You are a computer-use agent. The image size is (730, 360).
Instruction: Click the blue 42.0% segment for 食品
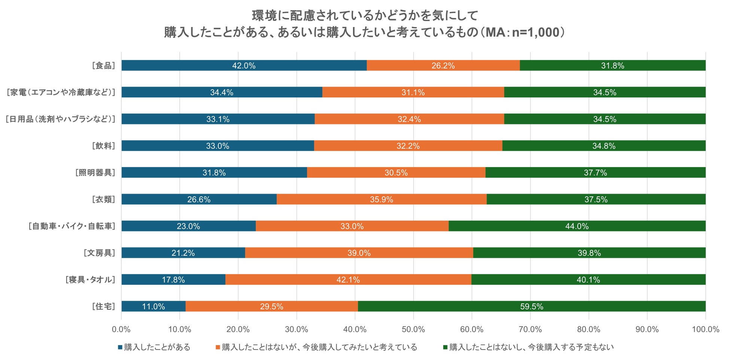pos(244,66)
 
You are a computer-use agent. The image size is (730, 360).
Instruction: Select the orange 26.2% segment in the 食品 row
pos(443,66)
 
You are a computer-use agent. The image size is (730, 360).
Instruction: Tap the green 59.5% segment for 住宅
pos(532,306)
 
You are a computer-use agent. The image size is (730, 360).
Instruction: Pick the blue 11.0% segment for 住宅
pos(153,306)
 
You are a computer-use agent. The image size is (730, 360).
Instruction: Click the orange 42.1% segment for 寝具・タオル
pos(348,280)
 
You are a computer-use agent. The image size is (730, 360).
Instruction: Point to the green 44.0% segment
pos(577,226)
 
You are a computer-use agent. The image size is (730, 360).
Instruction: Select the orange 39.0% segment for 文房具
pos(359,253)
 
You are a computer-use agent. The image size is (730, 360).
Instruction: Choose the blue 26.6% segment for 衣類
pos(199,199)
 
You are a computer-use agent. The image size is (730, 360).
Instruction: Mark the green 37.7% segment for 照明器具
pos(595,173)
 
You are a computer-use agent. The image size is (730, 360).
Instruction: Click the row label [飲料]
pos(103,146)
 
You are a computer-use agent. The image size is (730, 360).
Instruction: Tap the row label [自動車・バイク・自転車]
pos(72,226)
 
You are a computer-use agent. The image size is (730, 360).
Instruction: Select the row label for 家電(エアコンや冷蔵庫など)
pos(61,92)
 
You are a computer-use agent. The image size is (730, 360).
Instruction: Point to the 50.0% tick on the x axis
pos(413,330)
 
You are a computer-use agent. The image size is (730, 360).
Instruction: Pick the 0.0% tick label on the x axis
pos(121,330)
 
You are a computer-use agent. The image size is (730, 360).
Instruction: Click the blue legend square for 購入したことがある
pos(120,347)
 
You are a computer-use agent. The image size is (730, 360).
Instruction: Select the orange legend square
pos(218,347)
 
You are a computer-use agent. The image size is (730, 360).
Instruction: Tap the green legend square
pos(445,347)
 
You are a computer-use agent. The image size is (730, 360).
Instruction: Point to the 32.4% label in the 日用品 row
pos(409,119)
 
